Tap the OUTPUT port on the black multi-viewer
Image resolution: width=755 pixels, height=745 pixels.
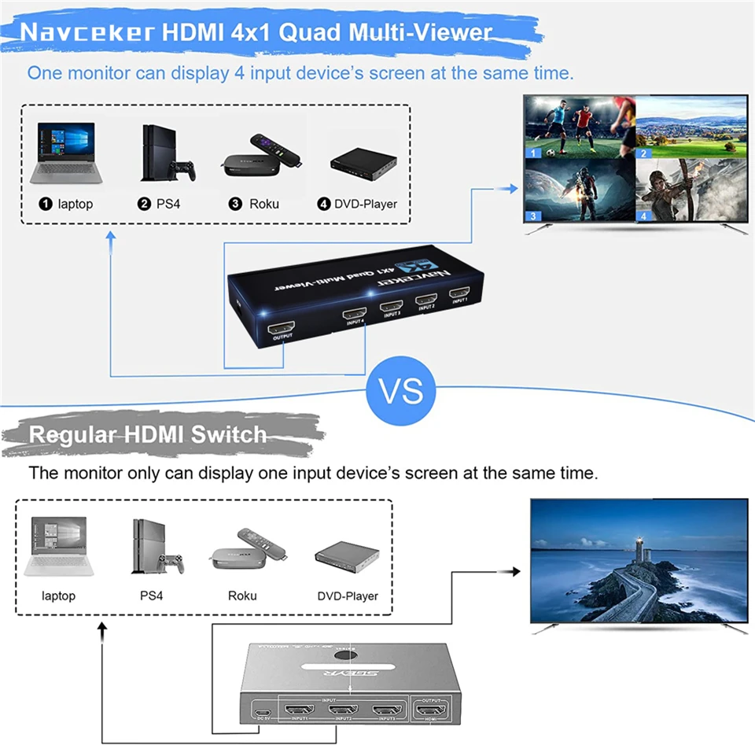281,326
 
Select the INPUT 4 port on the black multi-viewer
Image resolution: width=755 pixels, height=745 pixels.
354,313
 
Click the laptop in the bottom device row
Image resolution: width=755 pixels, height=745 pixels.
59,546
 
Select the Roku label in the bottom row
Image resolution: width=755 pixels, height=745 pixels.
242,596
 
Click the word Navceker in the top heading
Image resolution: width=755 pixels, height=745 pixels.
87,33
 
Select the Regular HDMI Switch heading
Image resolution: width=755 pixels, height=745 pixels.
148,434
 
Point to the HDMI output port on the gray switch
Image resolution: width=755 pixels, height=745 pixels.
431,710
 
